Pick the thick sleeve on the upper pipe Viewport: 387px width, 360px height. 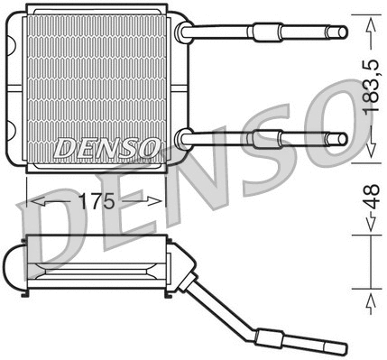tap(264, 32)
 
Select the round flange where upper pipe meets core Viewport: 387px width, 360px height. tap(186, 32)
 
